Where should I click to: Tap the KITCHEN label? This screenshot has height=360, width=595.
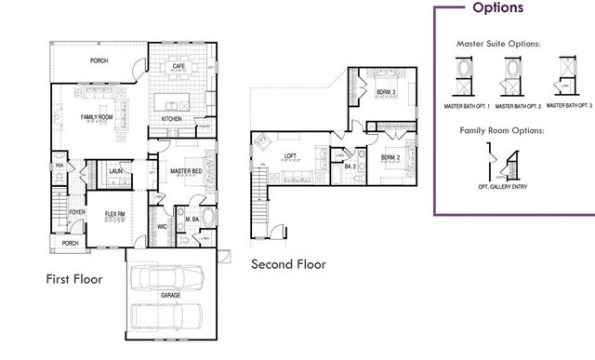click(172, 119)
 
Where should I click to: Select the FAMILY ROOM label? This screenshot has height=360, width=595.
click(96, 116)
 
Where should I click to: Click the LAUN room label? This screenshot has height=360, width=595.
click(116, 170)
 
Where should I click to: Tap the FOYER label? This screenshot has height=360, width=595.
click(76, 212)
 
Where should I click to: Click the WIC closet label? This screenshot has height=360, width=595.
click(161, 225)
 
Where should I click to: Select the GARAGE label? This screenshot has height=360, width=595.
click(169, 295)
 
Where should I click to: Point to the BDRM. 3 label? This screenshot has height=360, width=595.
click(387, 93)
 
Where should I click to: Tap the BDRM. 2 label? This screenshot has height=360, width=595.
click(391, 157)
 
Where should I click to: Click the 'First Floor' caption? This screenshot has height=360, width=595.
click(74, 278)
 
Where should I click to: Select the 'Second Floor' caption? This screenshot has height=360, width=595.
click(289, 264)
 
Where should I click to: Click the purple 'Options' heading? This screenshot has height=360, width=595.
click(497, 8)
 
